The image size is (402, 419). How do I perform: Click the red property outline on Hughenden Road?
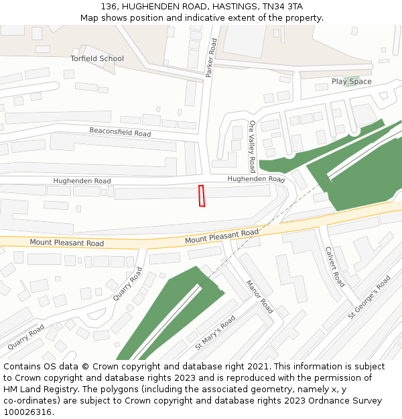(x=202, y=196)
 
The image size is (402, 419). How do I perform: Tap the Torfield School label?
(x=97, y=58)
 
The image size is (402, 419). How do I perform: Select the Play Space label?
(x=351, y=82)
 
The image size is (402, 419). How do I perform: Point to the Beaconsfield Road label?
(x=121, y=132)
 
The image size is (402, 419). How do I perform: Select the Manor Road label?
(x=259, y=296)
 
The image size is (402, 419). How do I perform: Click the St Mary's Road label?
(x=215, y=333)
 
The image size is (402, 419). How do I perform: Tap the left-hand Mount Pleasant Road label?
(x=67, y=243)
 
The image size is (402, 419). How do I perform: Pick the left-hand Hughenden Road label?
(x=82, y=181)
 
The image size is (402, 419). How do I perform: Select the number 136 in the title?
(x=109, y=6)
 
